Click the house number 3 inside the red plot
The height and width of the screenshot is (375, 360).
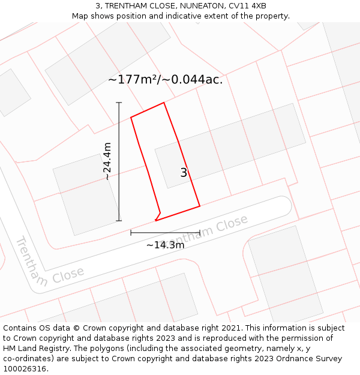tap(184, 173)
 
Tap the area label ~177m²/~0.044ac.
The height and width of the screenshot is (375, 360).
tap(165, 80)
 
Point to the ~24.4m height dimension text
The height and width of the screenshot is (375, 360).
tap(107, 161)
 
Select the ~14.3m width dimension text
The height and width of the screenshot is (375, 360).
tap(165, 245)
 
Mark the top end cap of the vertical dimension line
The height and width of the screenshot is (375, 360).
tap(119, 103)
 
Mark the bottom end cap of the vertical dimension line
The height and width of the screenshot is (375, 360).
tap(119, 220)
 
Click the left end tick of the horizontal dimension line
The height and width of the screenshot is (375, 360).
tap(131, 232)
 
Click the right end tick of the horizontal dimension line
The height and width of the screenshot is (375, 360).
tap(200, 232)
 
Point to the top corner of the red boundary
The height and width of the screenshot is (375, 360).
tap(164, 103)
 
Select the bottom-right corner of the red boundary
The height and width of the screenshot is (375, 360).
tap(200, 206)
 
